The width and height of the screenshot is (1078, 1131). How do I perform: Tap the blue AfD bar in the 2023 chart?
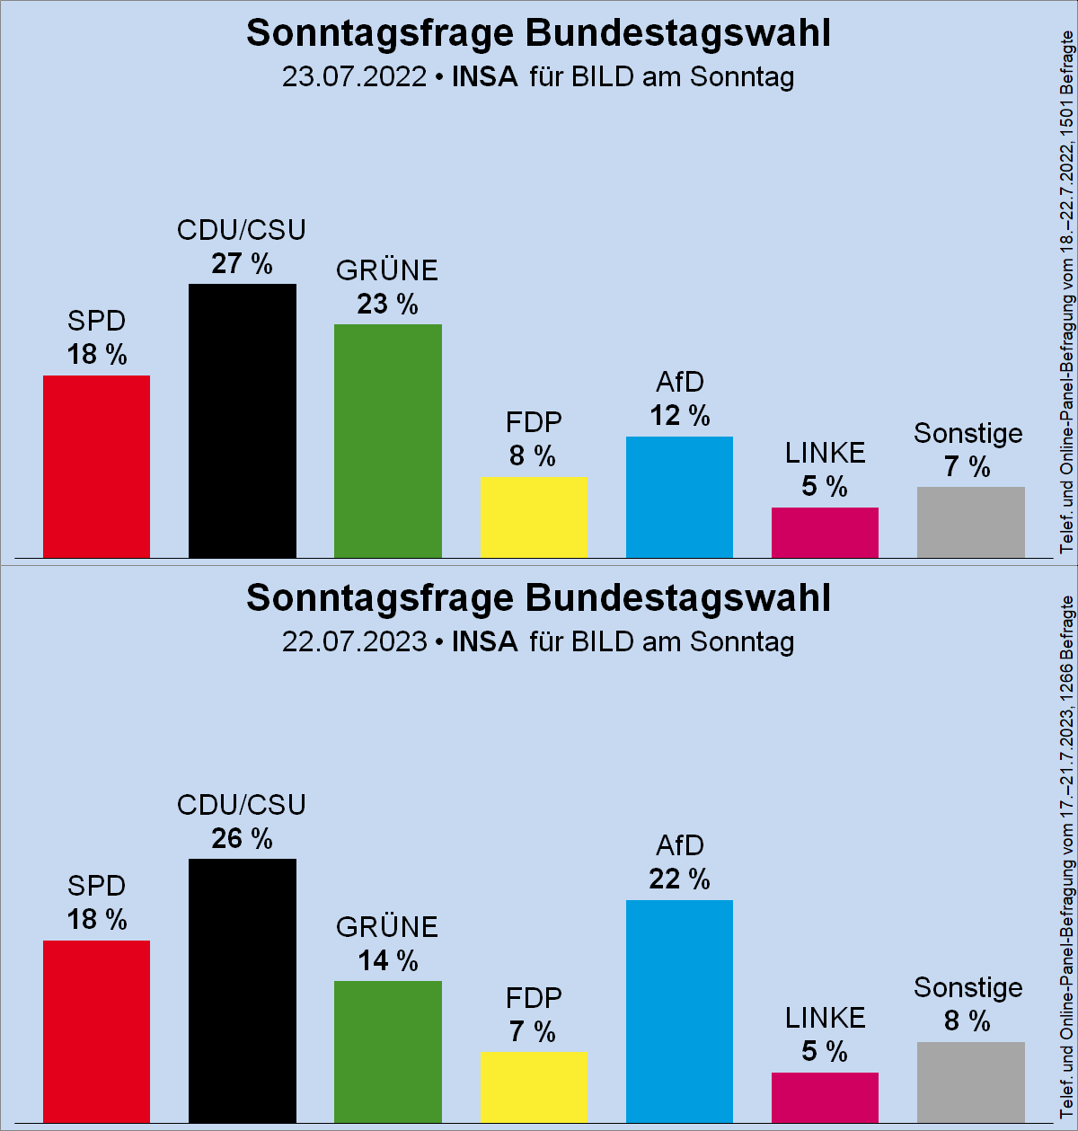tap(679, 1011)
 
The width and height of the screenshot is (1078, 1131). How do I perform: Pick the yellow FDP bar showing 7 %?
tap(534, 1087)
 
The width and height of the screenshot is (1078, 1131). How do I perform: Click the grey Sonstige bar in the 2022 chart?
tap(970, 522)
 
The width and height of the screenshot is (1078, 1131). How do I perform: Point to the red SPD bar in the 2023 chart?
tap(96, 1030)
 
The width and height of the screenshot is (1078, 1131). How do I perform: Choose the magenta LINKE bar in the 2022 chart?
tap(825, 533)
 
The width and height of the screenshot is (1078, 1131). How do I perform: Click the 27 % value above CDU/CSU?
tap(242, 264)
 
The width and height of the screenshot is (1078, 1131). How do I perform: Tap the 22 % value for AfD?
tap(679, 879)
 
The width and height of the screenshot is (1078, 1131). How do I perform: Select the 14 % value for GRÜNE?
tap(387, 961)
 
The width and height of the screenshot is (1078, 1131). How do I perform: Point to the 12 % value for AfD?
tap(679, 416)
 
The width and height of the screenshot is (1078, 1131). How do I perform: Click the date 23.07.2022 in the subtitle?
tap(354, 76)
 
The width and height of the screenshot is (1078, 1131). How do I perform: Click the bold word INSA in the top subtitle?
tap(485, 76)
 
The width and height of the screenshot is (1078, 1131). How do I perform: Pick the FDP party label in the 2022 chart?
tap(534, 422)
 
